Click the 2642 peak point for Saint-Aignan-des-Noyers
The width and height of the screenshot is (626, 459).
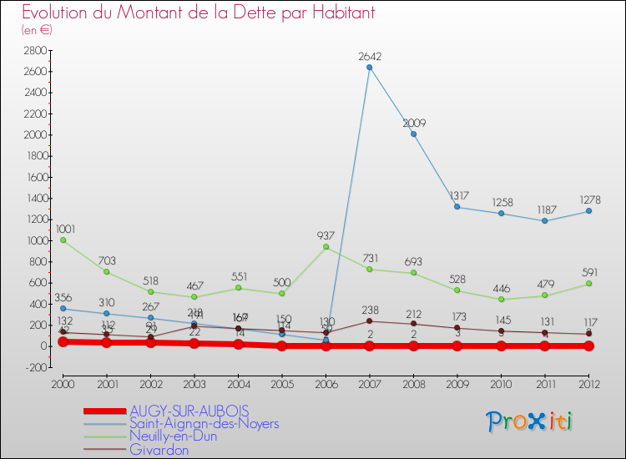(370, 68)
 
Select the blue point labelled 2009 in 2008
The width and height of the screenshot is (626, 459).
(413, 134)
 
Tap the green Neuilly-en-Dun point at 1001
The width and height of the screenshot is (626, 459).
(63, 240)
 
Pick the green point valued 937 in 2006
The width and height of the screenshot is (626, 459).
(326, 247)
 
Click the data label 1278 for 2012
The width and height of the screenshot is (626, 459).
(588, 200)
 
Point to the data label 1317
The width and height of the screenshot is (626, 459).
(457, 196)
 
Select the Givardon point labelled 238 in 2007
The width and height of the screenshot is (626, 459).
(370, 321)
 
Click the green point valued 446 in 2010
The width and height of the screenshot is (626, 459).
(501, 299)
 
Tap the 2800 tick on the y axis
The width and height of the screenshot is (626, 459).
(34, 50)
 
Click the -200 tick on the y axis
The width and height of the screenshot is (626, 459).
(34, 367)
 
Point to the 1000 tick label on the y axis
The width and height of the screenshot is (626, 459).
(34, 240)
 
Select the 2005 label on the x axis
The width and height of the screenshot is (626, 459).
(281, 385)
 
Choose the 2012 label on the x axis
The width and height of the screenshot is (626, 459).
(588, 385)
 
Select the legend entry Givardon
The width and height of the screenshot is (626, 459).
(159, 450)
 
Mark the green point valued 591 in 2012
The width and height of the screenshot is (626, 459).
(588, 284)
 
